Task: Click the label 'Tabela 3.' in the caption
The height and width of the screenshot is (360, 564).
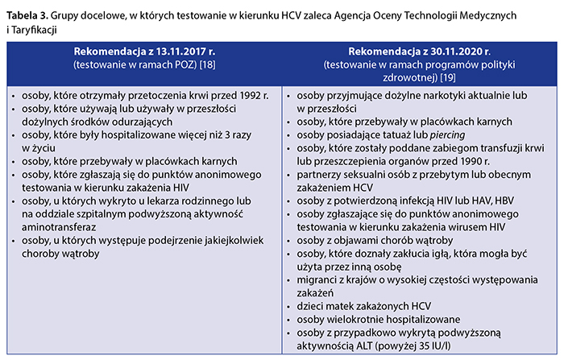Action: (28, 16)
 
